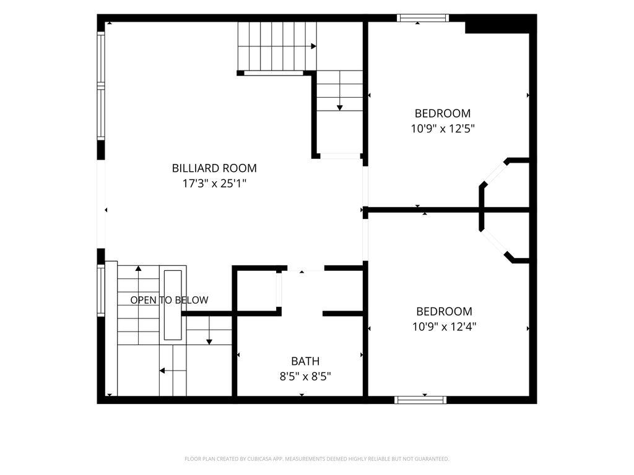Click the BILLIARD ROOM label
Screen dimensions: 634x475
coord(214,168)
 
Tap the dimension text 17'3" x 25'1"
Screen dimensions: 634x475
coord(214,184)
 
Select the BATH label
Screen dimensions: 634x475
coord(305,361)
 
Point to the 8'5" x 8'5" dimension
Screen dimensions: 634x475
coord(305,377)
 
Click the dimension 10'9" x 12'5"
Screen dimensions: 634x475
coord(443,129)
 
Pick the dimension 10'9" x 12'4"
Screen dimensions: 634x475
coord(445,327)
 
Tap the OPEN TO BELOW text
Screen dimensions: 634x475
coord(169,300)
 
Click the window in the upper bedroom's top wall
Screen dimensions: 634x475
coord(422,18)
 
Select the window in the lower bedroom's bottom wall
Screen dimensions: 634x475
coord(420,400)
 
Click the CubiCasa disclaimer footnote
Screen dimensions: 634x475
coord(316,459)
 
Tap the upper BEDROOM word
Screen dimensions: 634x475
coord(443,114)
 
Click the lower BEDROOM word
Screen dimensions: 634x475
coord(445,312)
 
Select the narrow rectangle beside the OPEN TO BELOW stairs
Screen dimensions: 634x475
coord(173,305)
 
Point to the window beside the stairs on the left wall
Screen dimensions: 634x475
coord(101,289)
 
